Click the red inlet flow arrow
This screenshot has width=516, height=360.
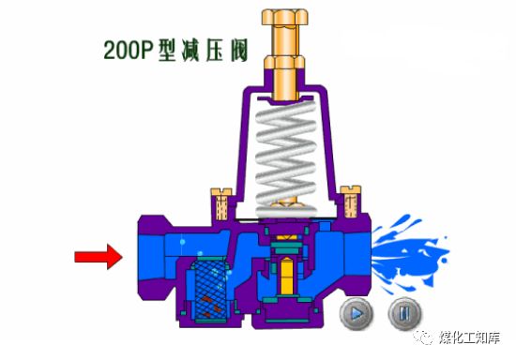click(99, 257)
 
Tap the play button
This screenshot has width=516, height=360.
click(357, 313)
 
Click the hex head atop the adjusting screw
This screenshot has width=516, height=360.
click(285, 17)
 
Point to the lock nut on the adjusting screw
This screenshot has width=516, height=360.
click(285, 63)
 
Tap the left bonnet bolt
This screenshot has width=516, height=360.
click(221, 203)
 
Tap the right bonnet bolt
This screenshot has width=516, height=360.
click(351, 202)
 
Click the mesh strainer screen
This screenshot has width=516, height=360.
click(210, 288)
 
